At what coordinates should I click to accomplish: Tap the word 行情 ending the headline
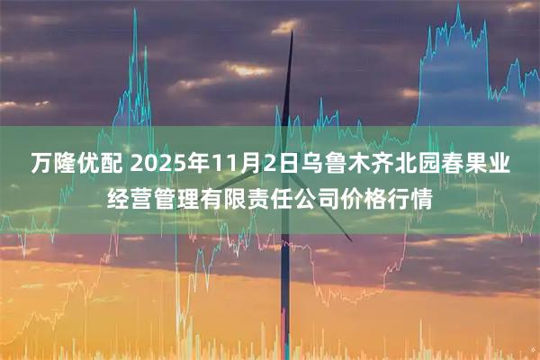click(x=407, y=200)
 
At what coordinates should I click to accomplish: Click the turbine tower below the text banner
click(x=284, y=297)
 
